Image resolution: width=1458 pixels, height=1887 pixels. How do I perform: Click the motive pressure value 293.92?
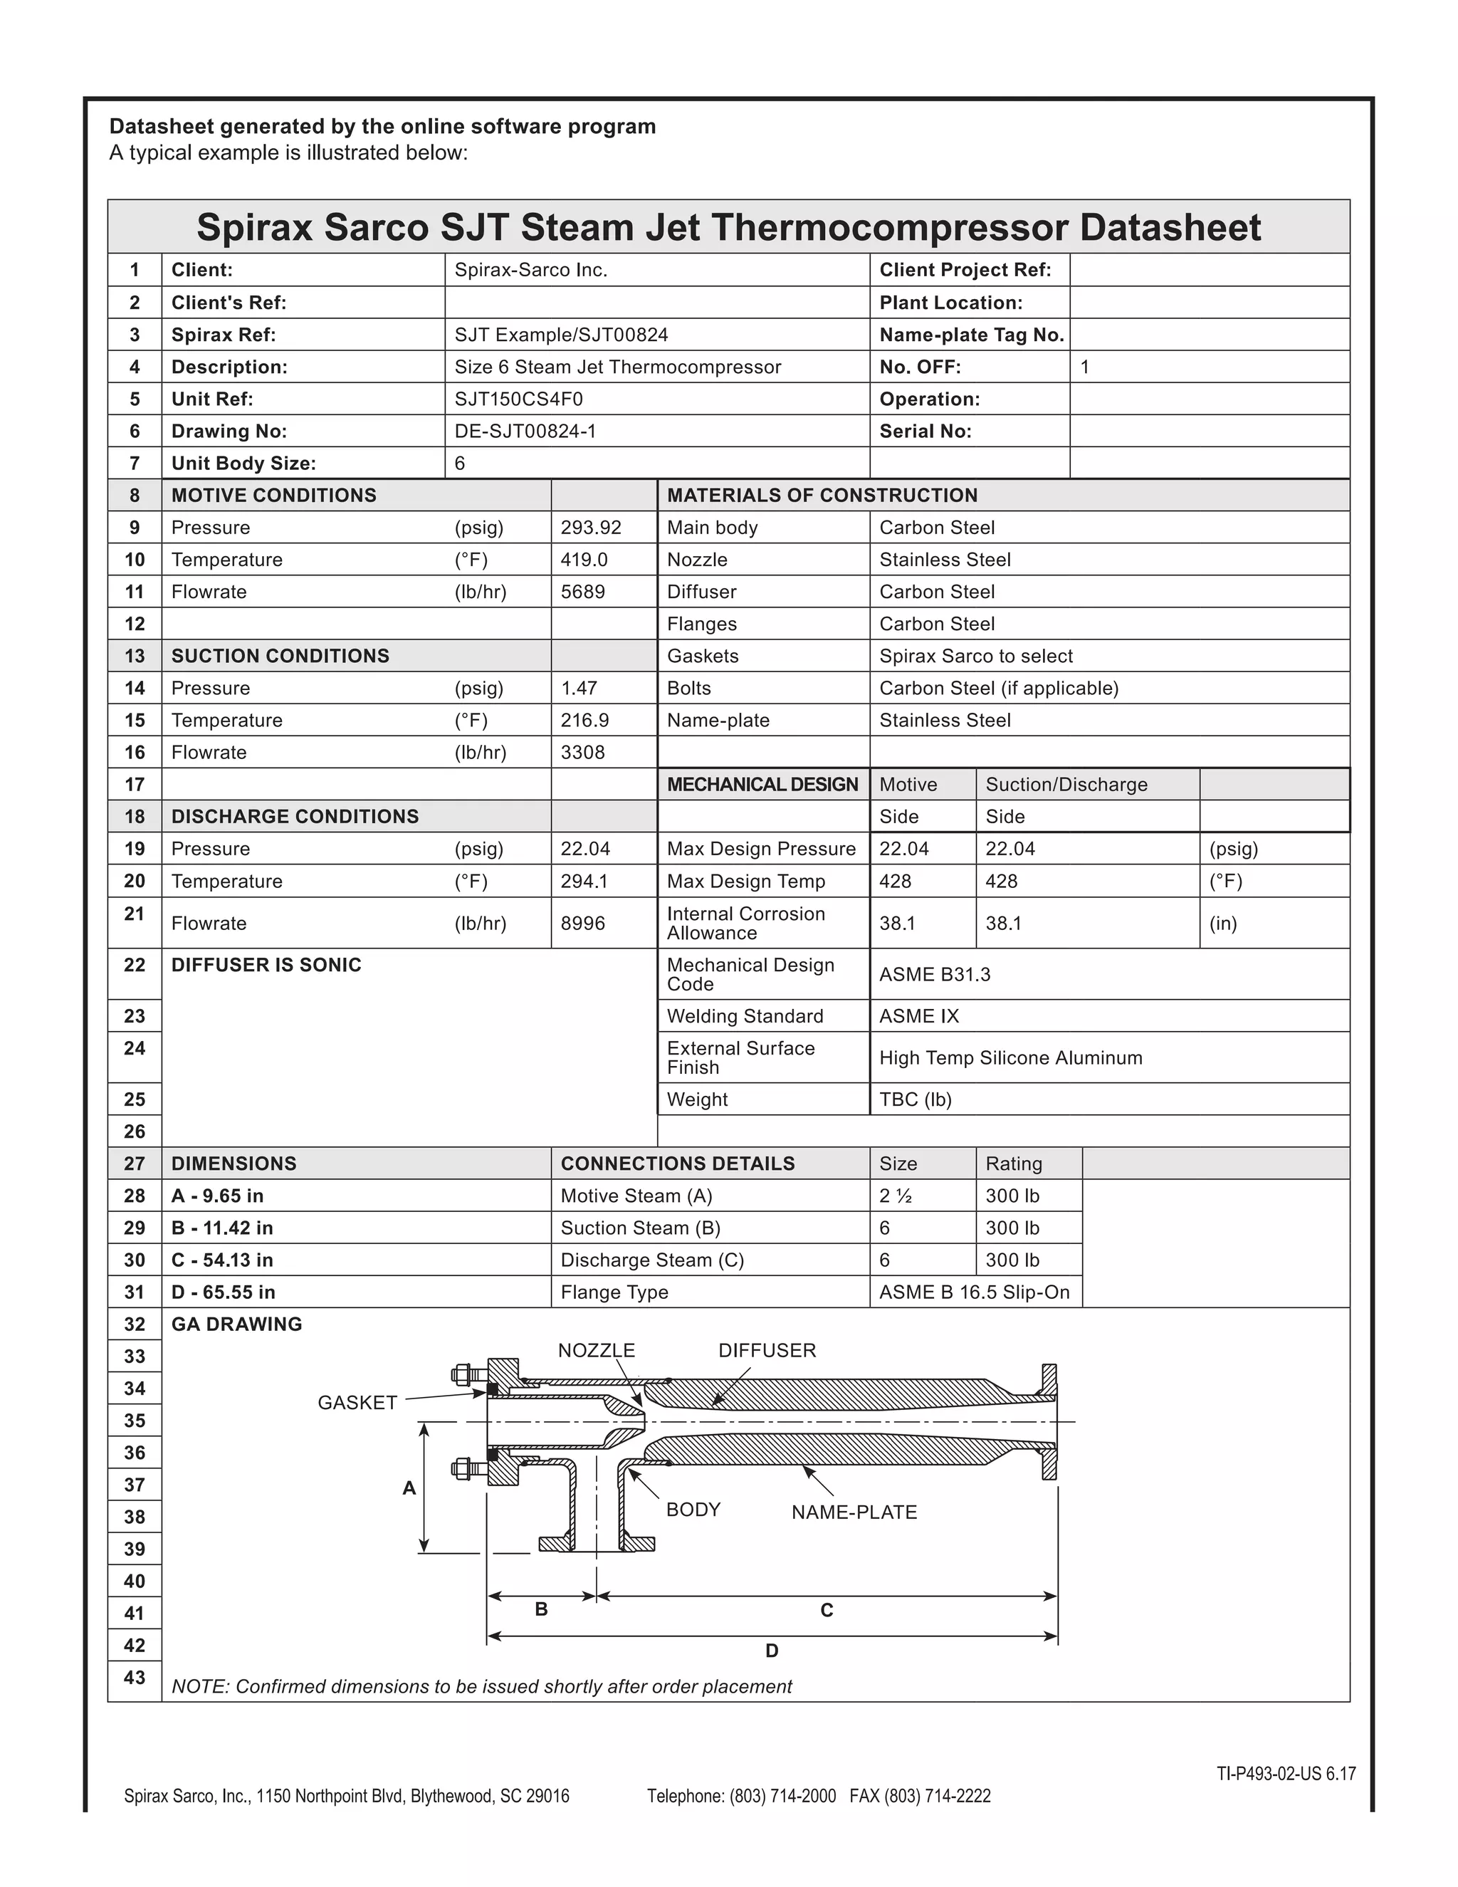(x=591, y=527)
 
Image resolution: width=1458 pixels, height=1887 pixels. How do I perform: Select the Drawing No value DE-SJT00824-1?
(x=525, y=431)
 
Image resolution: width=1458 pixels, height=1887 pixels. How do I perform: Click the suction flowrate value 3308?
(x=583, y=753)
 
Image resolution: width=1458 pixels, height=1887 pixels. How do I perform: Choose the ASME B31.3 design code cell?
(x=935, y=975)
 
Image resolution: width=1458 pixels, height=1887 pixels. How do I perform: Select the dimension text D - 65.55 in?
(x=223, y=1292)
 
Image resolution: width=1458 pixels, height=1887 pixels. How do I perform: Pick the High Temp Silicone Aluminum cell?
(x=1011, y=1057)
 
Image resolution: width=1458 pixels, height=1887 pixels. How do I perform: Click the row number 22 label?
(x=135, y=965)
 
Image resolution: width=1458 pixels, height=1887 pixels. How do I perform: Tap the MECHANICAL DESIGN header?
(x=762, y=785)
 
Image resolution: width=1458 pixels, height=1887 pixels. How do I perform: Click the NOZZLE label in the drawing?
(x=596, y=1350)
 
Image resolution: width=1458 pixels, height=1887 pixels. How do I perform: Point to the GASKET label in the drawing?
(x=357, y=1402)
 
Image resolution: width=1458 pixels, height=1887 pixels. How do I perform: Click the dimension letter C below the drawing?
(x=827, y=1611)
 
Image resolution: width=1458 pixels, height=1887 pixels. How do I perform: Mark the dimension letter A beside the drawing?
(x=409, y=1488)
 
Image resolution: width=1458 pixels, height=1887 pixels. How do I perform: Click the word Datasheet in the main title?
(x=1170, y=227)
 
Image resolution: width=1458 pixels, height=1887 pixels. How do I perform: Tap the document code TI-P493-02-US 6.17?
(x=1286, y=1774)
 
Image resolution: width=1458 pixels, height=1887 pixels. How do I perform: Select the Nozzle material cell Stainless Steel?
(x=945, y=560)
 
